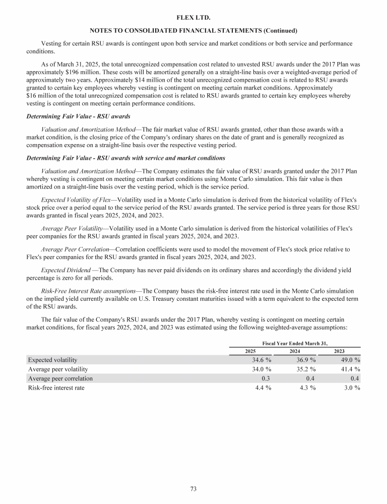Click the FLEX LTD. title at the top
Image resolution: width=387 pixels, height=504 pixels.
click(193, 18)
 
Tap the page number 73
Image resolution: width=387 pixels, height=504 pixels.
click(193, 488)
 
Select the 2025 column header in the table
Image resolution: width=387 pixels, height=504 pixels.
click(250, 351)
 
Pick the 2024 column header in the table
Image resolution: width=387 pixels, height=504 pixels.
click(295, 351)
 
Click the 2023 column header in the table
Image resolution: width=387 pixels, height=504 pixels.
click(340, 351)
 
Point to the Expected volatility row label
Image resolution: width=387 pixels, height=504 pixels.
click(53, 360)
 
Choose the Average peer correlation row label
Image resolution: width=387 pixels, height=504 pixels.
click(60, 379)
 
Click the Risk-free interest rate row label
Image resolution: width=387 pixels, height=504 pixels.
click(56, 388)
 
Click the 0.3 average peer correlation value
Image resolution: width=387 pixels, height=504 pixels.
click(267, 379)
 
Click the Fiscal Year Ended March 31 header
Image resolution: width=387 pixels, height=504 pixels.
click(295, 343)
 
